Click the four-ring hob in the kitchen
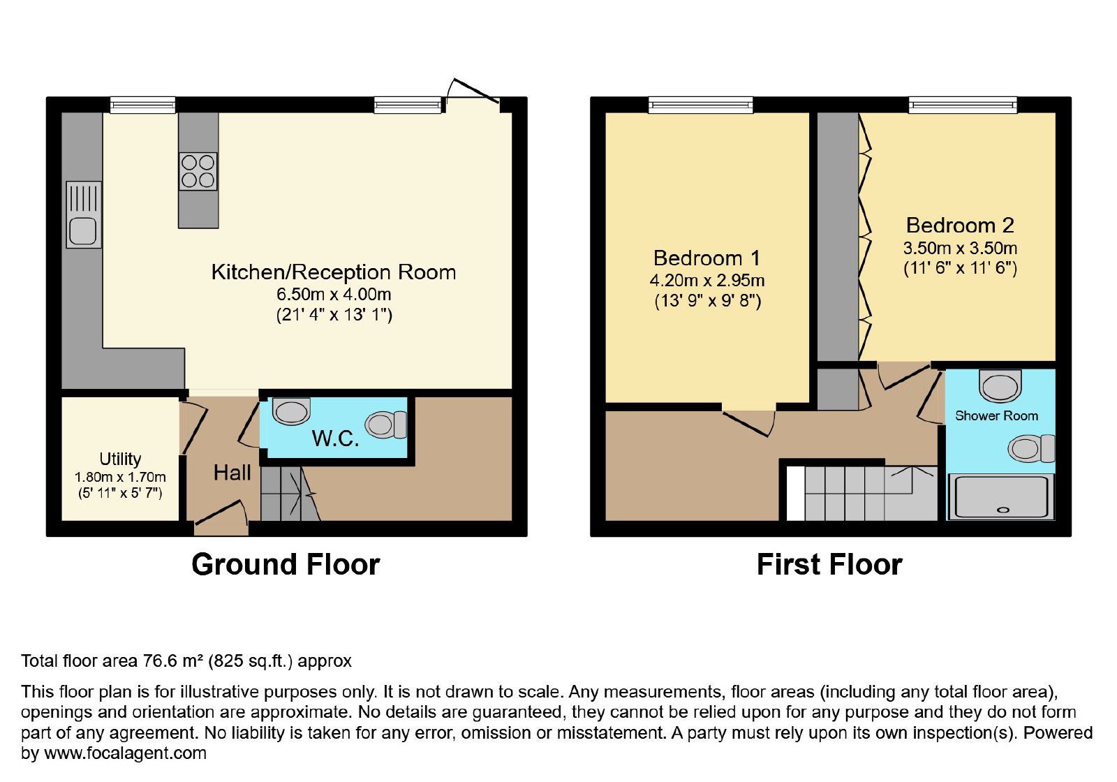coord(198,171)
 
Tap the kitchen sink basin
coord(83,232)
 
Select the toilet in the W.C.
coord(387,425)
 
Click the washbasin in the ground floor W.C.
coord(291,411)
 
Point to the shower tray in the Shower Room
coord(1001,496)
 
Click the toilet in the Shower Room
coord(1031,448)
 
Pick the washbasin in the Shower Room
coord(1000,385)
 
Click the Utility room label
coord(120,459)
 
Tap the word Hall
coord(232,473)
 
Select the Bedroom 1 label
coord(707,258)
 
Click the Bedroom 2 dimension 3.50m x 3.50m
coord(960,249)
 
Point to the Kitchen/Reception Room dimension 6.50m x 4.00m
coord(334,294)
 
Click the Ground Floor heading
coord(286,565)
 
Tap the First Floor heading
coord(830,565)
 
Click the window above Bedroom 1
coord(701,105)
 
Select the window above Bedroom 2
coord(963,105)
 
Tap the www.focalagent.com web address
coord(125,753)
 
